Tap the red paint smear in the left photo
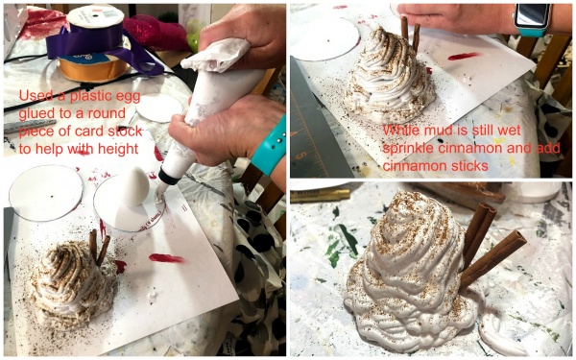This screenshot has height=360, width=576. pos(167,258)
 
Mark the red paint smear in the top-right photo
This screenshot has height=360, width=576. pos(464,57)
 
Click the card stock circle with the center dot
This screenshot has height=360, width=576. pos(46,193)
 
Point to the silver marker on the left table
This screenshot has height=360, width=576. pos(30,126)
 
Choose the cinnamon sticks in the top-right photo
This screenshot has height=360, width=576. pos(410,32)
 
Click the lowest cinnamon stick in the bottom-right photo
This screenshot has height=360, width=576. pos(493,258)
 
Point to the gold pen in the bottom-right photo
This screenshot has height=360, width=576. pos(320,196)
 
